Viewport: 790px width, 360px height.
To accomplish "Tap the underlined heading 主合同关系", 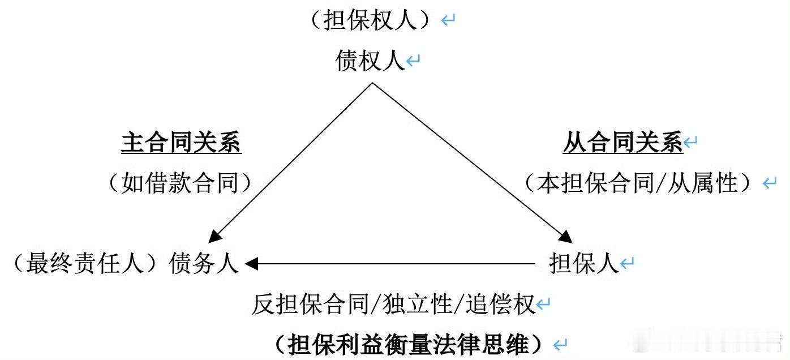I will pyautogui.click(x=181, y=144).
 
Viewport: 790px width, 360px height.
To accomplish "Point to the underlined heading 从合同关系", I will pyautogui.click(x=622, y=144).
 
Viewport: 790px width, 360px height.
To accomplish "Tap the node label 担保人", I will pyautogui.click(x=584, y=264).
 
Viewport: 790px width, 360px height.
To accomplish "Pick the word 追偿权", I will pyautogui.click(x=501, y=305).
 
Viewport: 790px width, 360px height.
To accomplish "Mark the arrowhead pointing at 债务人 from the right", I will pyautogui.click(x=252, y=264).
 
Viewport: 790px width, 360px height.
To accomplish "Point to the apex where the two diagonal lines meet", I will pyautogui.click(x=372, y=84).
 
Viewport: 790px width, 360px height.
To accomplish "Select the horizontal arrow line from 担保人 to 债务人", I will pyautogui.click(x=396, y=264).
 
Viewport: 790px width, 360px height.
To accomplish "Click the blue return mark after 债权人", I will pyautogui.click(x=414, y=61).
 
